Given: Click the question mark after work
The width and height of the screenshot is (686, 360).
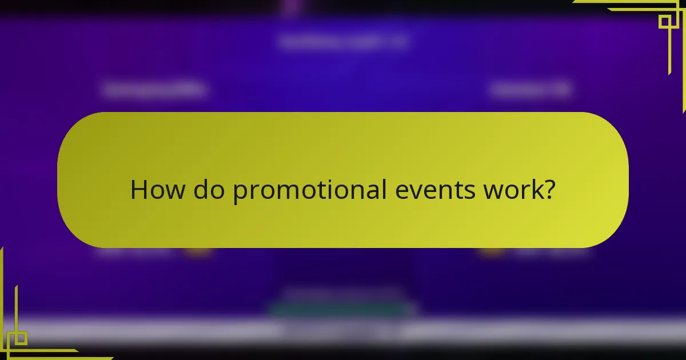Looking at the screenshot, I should tap(549, 190).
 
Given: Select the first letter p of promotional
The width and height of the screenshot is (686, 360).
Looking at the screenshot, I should tap(240, 193).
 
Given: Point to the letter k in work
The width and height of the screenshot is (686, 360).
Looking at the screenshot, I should tap(535, 190).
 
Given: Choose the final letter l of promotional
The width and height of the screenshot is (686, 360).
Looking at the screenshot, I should tap(385, 190).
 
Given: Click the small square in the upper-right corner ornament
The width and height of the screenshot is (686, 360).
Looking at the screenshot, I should tap(664, 22).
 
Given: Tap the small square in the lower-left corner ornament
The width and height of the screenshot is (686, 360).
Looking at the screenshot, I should tap(21, 338).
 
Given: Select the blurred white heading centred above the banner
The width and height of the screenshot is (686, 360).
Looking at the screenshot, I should tap(343, 42).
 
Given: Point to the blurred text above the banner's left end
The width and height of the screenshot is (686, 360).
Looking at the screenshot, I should tap(155, 90).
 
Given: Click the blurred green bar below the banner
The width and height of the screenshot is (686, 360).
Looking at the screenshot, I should tap(343, 310).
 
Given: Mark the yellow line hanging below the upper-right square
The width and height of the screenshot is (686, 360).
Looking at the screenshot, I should tap(669, 51).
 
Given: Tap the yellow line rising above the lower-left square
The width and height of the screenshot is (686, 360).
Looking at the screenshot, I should tap(16, 309).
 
